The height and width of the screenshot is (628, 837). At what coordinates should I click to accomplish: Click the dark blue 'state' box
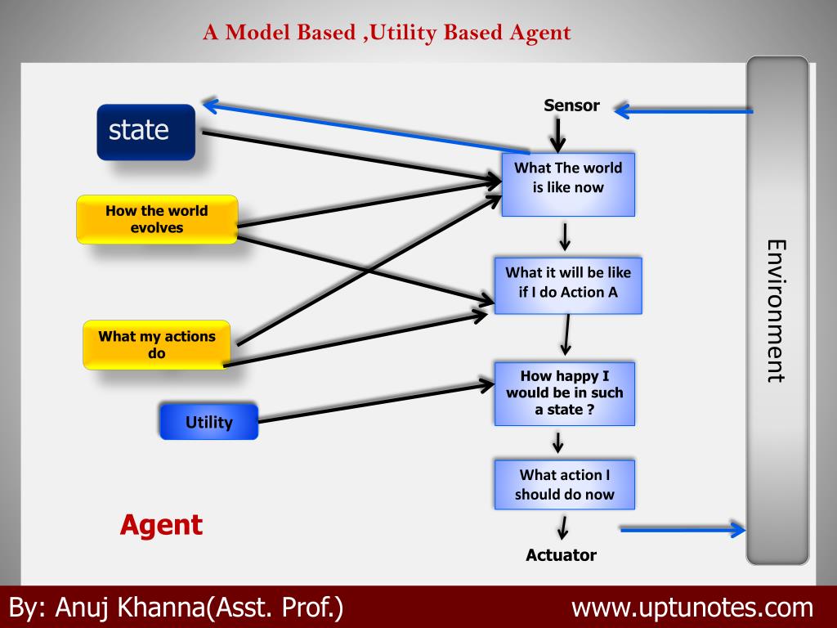pos(145,131)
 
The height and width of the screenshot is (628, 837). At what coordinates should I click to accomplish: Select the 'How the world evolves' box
pos(157,219)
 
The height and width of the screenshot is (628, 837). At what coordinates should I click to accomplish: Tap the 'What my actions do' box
pos(157,344)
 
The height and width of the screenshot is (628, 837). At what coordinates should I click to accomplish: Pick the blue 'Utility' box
pos(208,422)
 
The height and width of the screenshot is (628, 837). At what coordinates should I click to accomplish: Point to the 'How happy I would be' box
pos(564,393)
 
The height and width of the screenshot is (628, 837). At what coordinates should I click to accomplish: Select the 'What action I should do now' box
pos(564,485)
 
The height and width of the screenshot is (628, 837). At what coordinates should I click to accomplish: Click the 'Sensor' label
pos(572,105)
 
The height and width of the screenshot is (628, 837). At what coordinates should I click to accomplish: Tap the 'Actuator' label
pos(561,555)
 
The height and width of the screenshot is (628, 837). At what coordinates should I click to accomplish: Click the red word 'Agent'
pos(161,524)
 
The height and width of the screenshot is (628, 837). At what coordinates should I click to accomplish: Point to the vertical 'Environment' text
pos(776,311)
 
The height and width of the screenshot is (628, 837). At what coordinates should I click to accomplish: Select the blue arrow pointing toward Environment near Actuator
pos(683,530)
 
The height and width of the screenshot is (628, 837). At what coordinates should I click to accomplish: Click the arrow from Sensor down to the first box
pos(557,134)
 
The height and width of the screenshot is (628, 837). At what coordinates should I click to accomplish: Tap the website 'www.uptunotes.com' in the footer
pos(692,608)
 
